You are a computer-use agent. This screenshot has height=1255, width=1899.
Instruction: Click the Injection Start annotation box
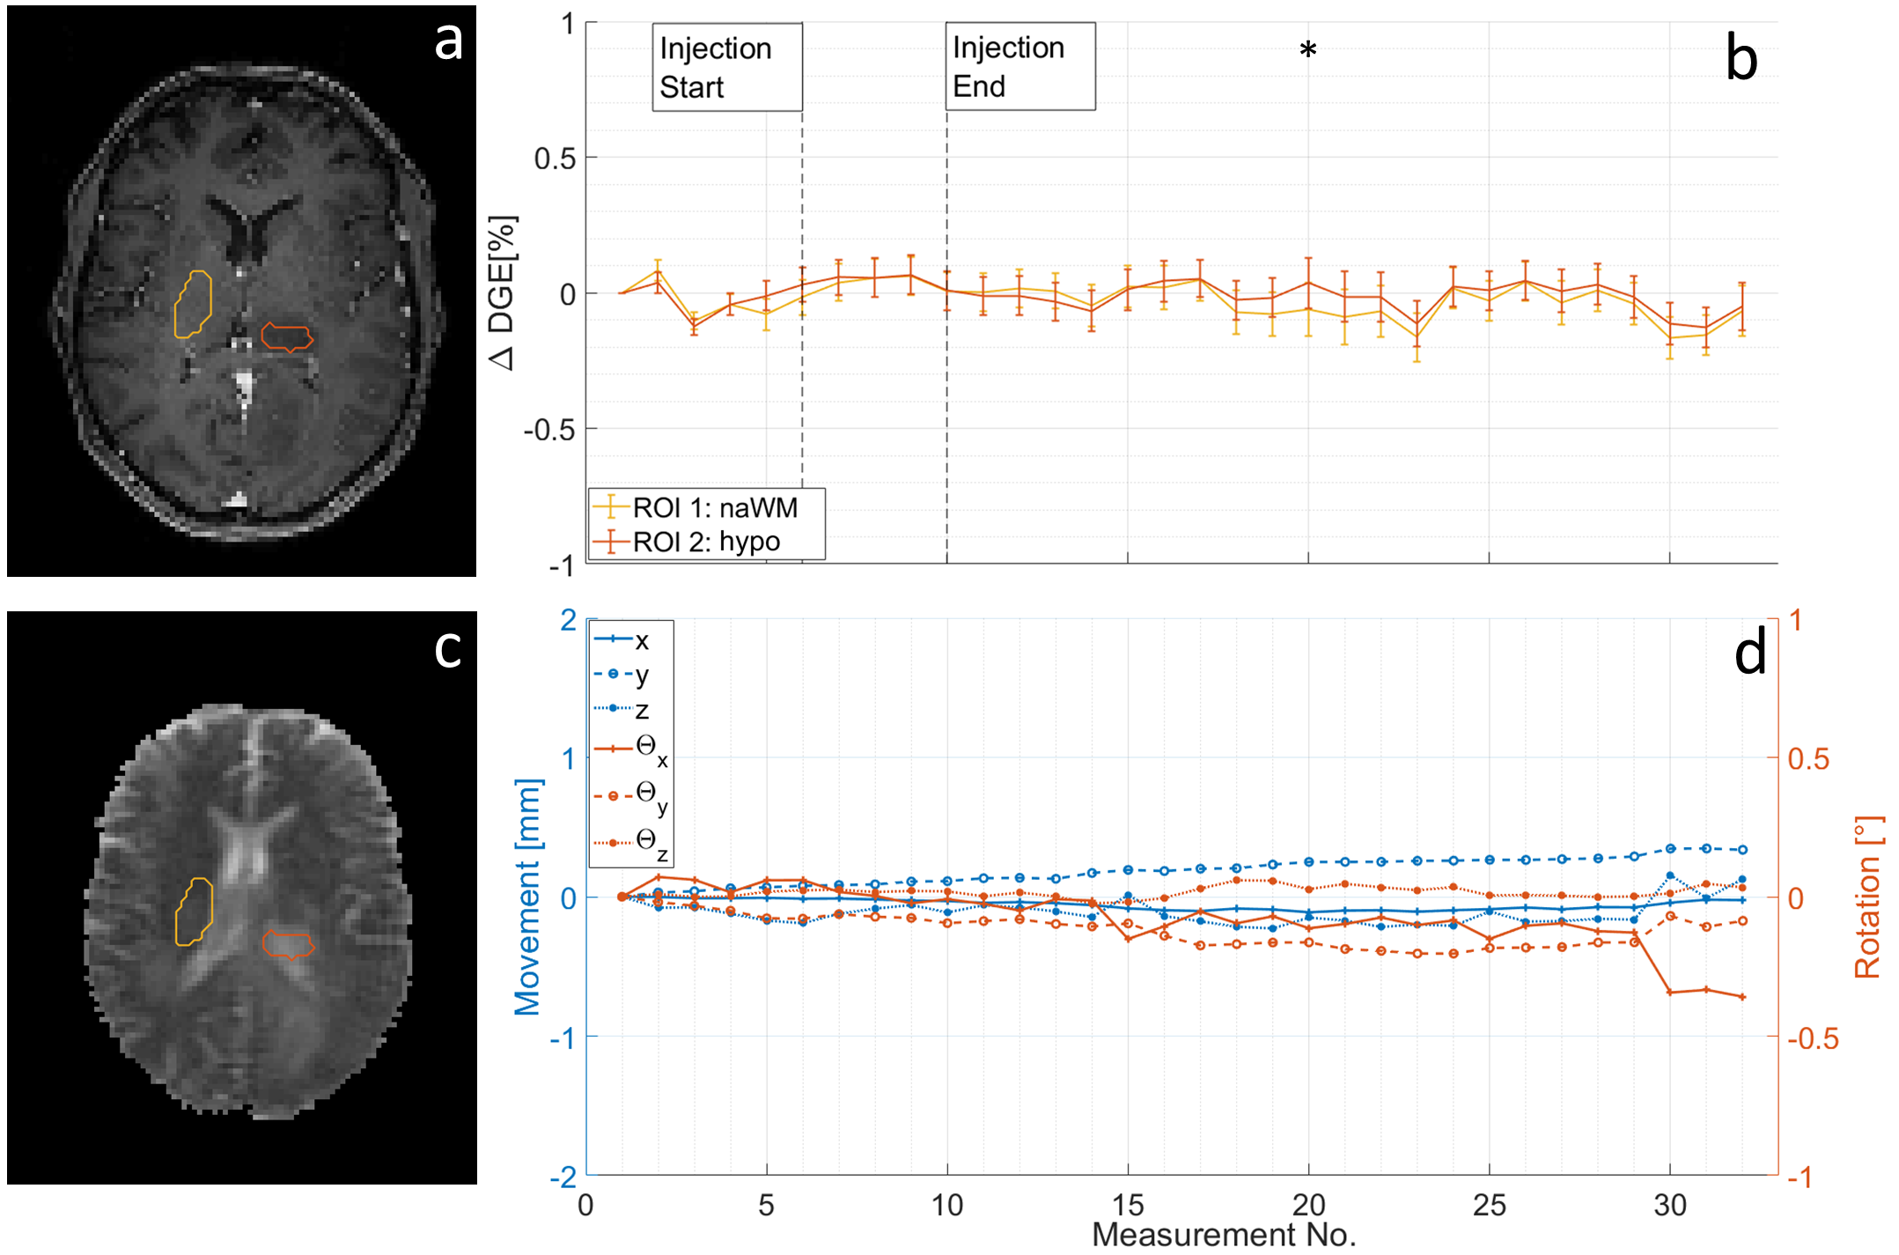[x=726, y=67]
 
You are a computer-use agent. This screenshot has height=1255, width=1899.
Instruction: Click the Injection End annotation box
[x=1019, y=66]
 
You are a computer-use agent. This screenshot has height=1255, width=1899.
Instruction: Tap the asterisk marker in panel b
[x=1307, y=50]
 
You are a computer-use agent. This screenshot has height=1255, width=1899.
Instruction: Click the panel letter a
[x=448, y=41]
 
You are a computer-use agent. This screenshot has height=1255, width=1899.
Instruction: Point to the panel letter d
[x=1749, y=653]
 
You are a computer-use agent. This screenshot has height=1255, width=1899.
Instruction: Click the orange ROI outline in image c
[x=288, y=944]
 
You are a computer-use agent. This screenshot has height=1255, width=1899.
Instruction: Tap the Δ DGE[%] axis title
[x=502, y=292]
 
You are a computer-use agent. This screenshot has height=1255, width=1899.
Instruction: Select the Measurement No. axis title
[x=1223, y=1235]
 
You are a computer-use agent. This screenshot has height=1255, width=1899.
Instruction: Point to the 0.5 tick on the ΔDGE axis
[x=554, y=159]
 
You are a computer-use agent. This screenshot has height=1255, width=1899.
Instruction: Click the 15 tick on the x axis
[x=1127, y=1204]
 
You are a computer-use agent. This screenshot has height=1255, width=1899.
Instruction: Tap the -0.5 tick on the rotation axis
[x=1813, y=1038]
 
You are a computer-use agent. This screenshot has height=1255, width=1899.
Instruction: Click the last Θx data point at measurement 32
[x=1742, y=997]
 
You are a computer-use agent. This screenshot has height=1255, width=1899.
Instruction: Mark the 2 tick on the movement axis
[x=569, y=620]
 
